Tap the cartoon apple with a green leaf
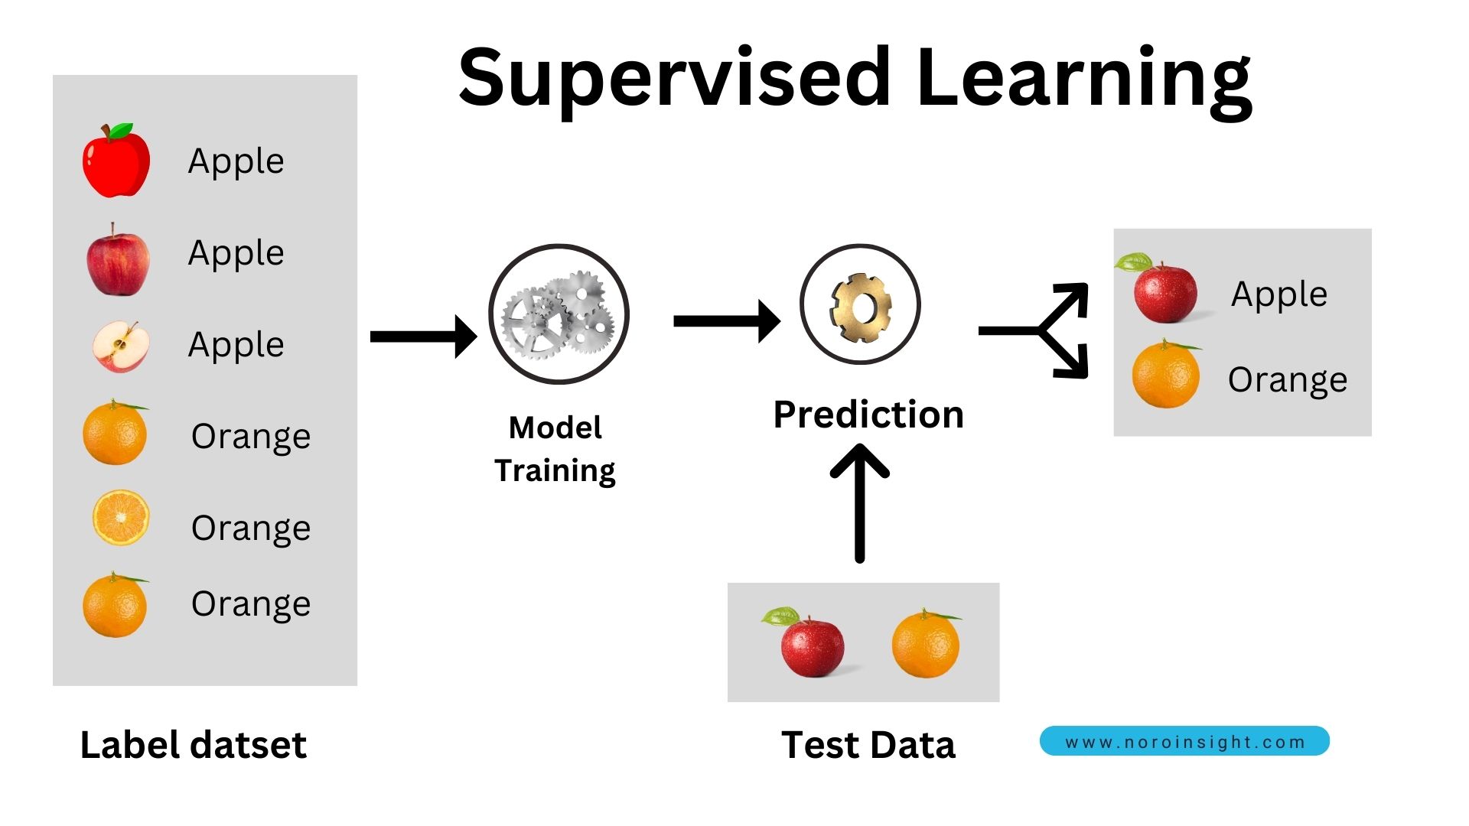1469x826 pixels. pyautogui.click(x=116, y=161)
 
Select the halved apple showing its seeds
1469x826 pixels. pyautogui.click(x=120, y=346)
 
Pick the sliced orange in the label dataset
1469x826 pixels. pyautogui.click(x=120, y=518)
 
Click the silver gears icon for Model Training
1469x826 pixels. pyautogui.click(x=559, y=314)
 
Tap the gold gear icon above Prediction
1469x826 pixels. pyautogui.click(x=860, y=304)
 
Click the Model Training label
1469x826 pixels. pyautogui.click(x=555, y=449)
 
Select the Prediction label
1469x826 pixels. pyautogui.click(x=868, y=415)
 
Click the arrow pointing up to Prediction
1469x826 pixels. pyautogui.click(x=859, y=505)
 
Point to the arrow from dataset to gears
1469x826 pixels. pyautogui.click(x=423, y=337)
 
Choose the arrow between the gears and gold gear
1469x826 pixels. pyautogui.click(x=726, y=321)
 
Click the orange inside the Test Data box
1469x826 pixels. pyautogui.click(x=925, y=645)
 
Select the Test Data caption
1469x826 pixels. pyautogui.click(x=868, y=745)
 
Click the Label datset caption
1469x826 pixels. pyautogui.click(x=194, y=745)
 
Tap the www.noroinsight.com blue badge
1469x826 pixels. pyautogui.click(x=1184, y=741)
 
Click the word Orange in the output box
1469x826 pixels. pyautogui.click(x=1287, y=379)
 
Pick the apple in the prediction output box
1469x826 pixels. pyautogui.click(x=1164, y=291)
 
